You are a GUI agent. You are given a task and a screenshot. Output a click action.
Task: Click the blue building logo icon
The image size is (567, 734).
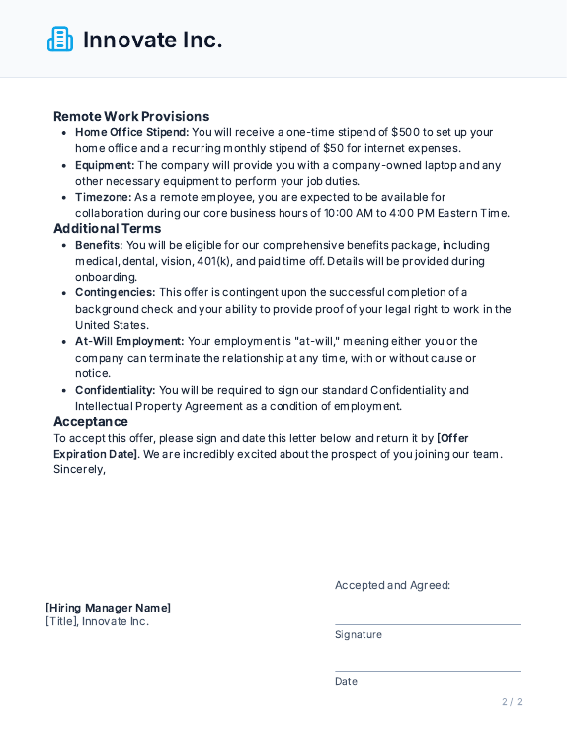pyautogui.click(x=60, y=40)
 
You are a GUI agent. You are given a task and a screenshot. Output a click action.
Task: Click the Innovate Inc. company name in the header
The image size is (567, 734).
pyautogui.click(x=152, y=40)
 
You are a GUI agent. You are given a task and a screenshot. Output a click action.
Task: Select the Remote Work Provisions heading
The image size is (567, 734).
pyautogui.click(x=131, y=116)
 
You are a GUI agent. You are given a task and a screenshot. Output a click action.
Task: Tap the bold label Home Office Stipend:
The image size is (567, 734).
pyautogui.click(x=131, y=132)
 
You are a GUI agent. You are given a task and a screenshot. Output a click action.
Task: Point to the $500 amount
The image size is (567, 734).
pyautogui.click(x=406, y=132)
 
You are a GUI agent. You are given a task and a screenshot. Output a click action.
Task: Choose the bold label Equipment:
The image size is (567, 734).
pyautogui.click(x=105, y=165)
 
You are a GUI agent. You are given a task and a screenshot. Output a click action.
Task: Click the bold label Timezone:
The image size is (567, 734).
pyautogui.click(x=103, y=197)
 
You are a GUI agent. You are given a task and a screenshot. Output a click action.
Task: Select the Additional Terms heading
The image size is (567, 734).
pyautogui.click(x=107, y=228)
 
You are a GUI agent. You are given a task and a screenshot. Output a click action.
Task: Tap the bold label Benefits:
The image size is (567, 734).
pyautogui.click(x=99, y=245)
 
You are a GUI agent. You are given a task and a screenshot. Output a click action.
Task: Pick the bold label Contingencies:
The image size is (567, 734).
pyautogui.click(x=115, y=292)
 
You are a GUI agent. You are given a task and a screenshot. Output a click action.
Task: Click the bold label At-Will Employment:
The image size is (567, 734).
pyautogui.click(x=129, y=341)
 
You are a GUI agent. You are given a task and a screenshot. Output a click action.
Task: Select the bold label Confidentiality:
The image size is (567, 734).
pyautogui.click(x=115, y=390)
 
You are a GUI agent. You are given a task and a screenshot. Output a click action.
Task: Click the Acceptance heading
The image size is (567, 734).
pyautogui.click(x=91, y=421)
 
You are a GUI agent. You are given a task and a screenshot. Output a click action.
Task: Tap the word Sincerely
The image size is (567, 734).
pyautogui.click(x=79, y=469)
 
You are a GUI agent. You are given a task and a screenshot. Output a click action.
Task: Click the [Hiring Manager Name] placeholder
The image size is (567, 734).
pyautogui.click(x=108, y=608)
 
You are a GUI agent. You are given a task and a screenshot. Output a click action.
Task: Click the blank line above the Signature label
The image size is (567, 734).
pyautogui.click(x=427, y=623)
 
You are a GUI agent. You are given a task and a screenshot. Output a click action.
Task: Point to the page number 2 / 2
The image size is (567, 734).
pyautogui.click(x=512, y=702)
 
